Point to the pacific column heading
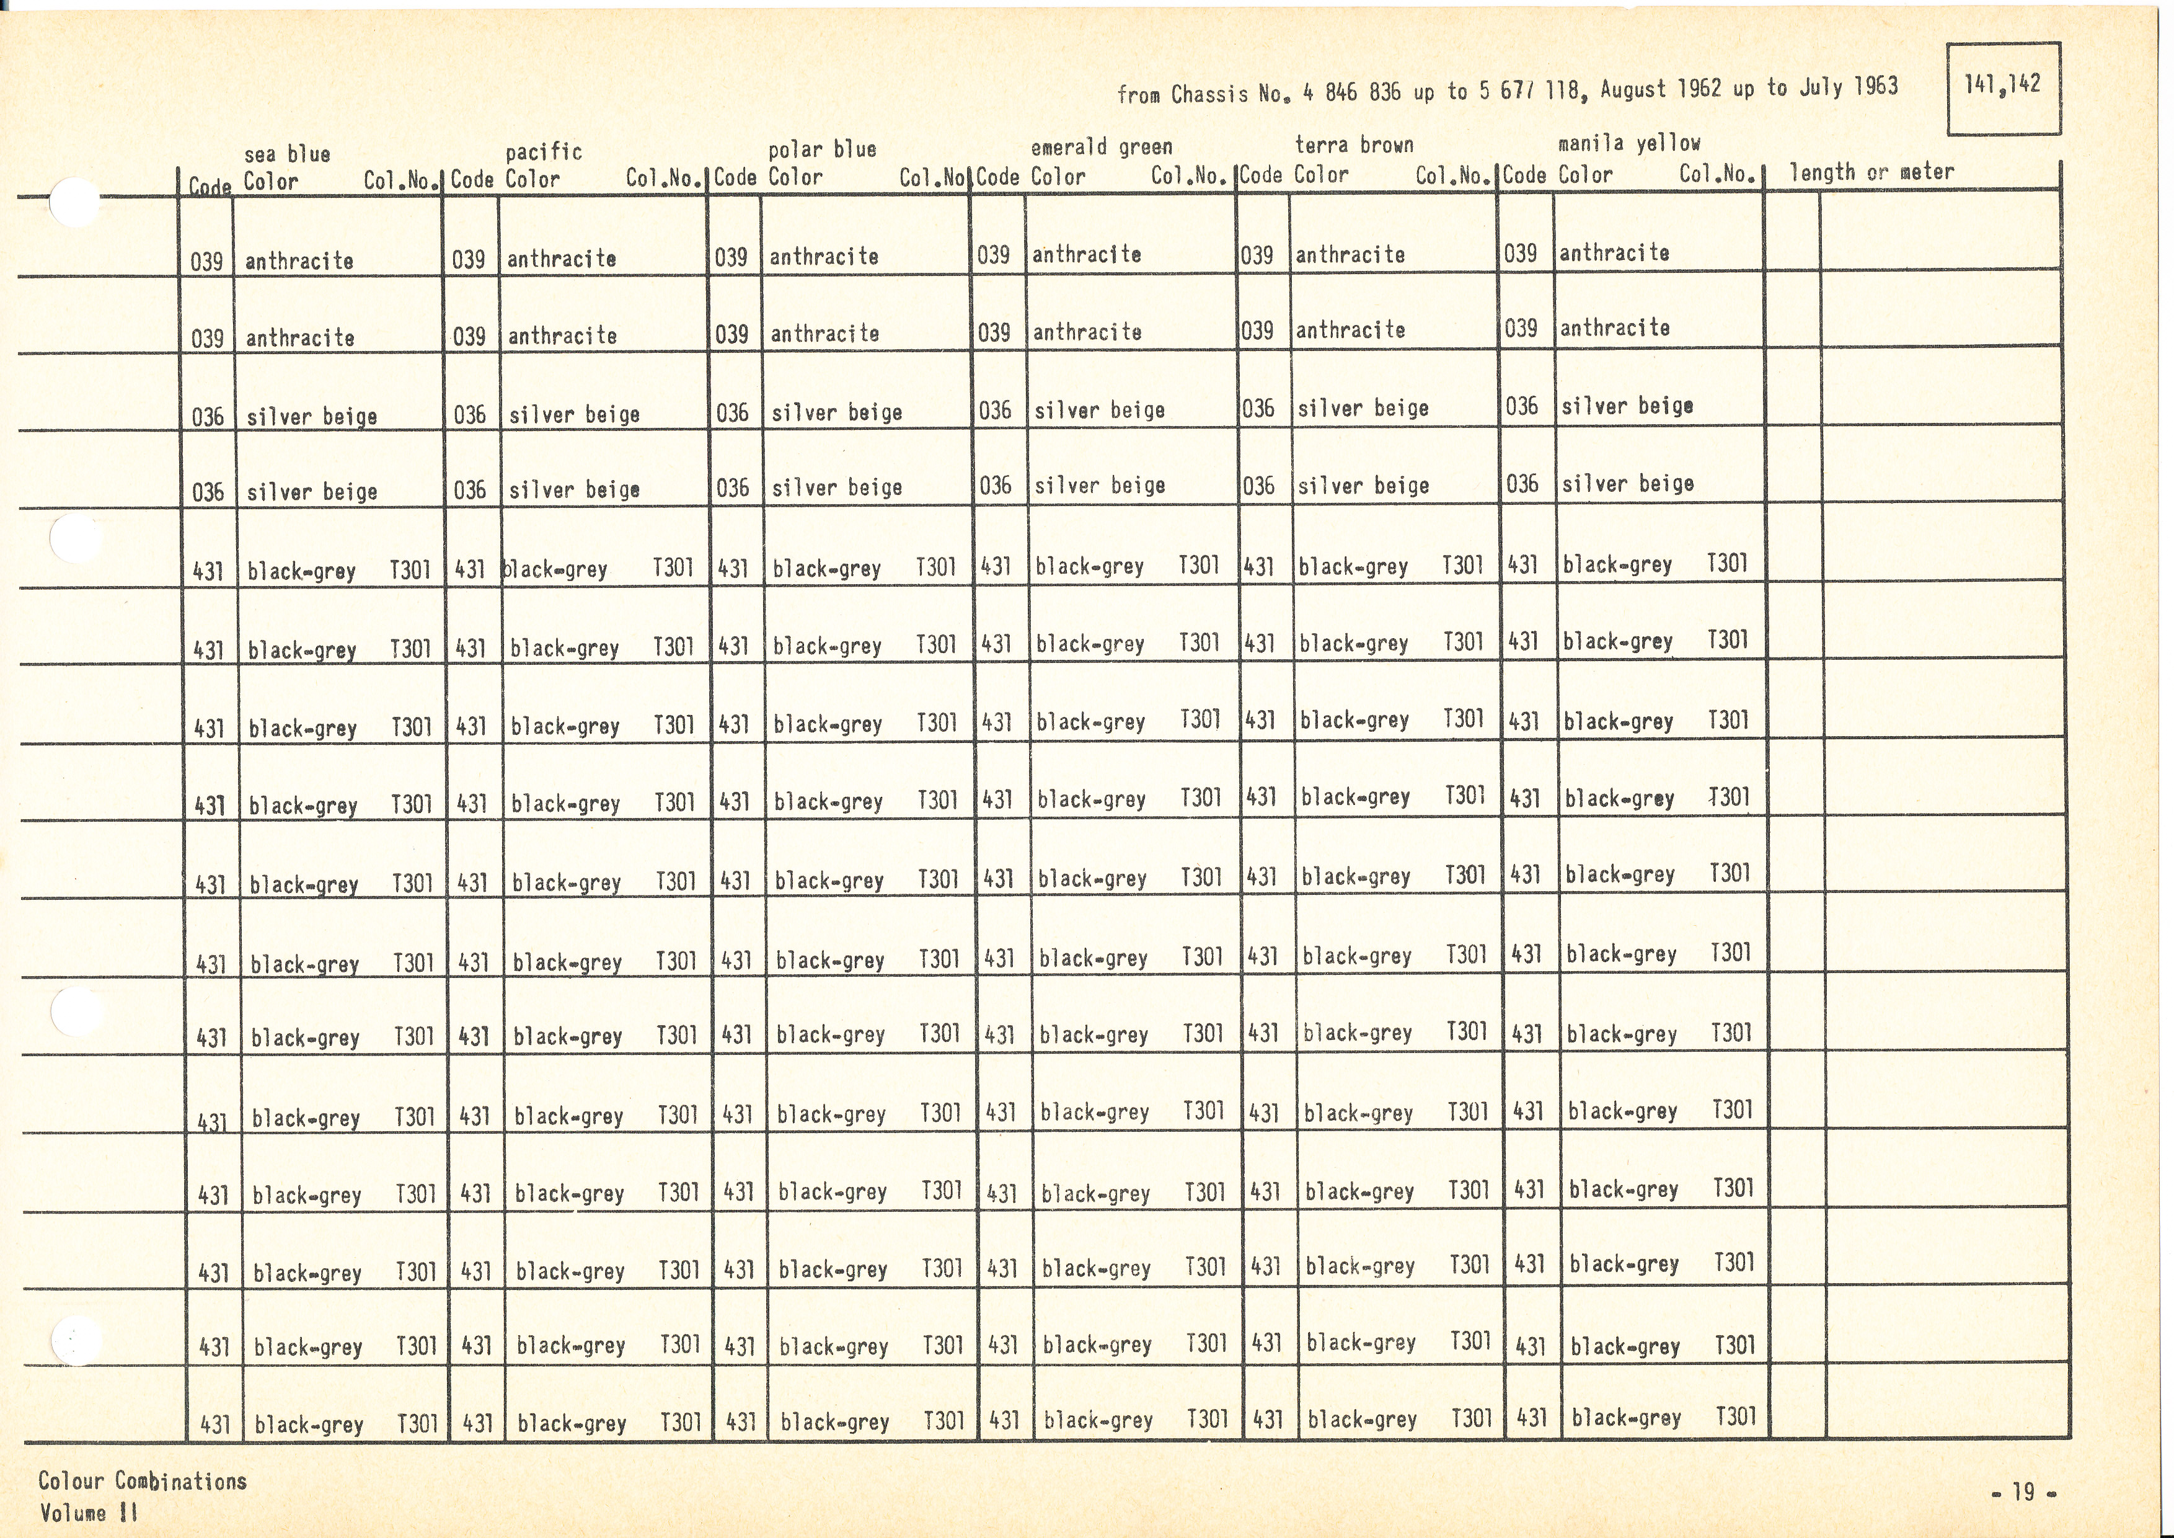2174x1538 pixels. pos(544,151)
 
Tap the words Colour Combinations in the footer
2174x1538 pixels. pos(142,1480)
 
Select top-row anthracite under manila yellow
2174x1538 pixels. pos(1614,253)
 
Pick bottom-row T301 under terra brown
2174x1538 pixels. pos(1472,1418)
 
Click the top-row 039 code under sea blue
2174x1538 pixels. pos(206,261)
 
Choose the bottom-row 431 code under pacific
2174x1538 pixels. pos(477,1423)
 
